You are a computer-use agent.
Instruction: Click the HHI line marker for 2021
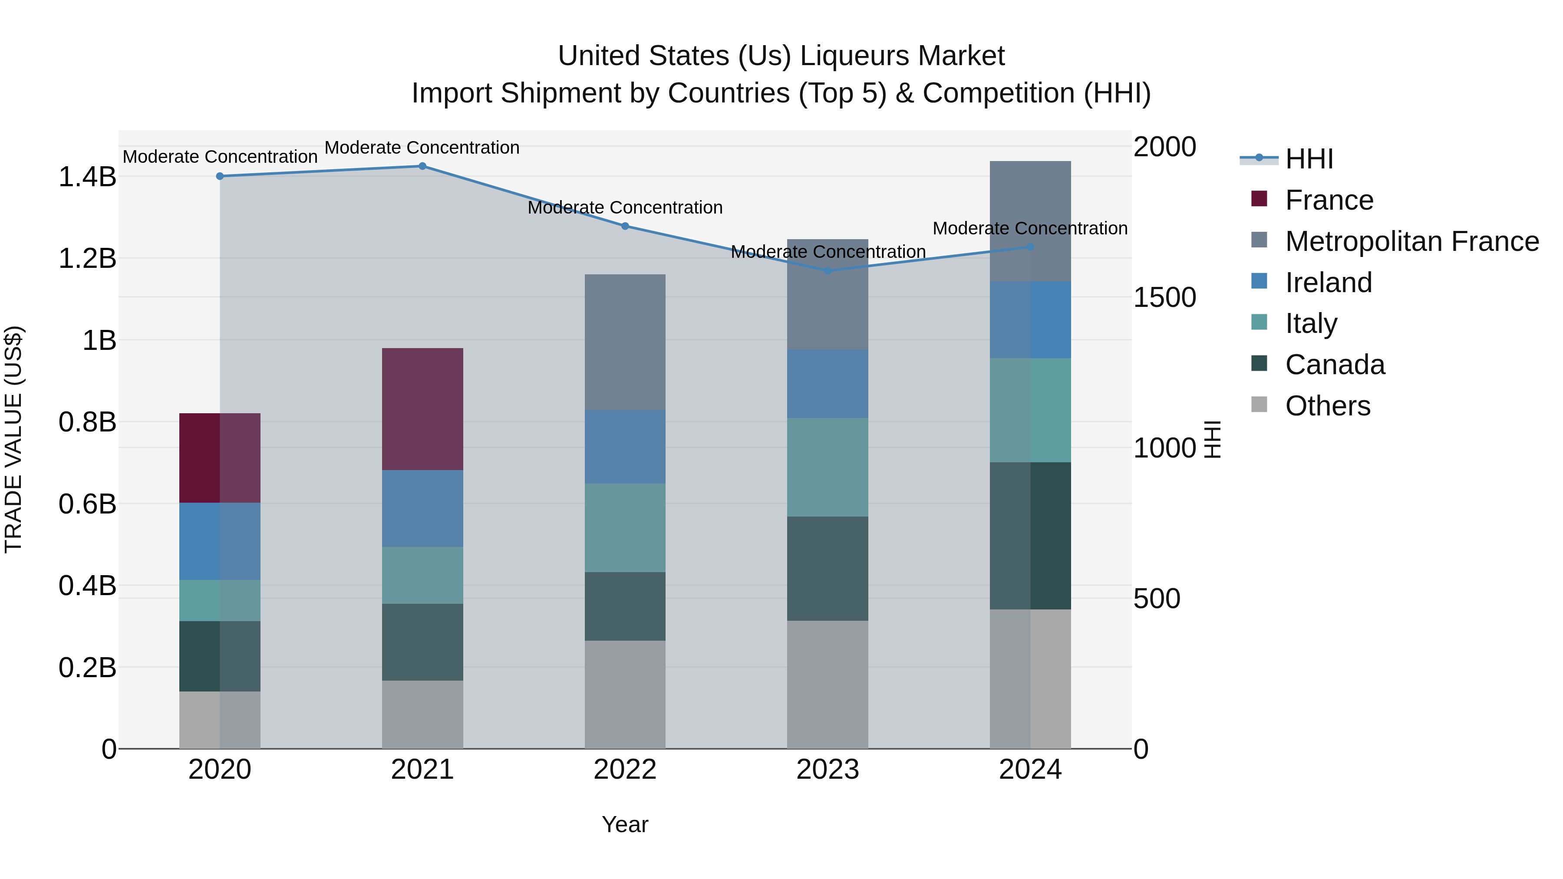pos(422,166)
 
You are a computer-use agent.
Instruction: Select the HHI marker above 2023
pos(828,270)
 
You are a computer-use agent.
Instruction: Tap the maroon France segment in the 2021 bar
pos(422,409)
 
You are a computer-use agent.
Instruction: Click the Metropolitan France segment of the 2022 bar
pos(625,342)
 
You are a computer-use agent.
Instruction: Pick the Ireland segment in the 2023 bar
pos(828,383)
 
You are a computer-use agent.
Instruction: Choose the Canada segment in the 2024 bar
pos(1030,536)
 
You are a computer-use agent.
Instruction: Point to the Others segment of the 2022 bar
pos(625,694)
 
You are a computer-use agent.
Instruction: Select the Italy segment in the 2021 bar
pos(422,575)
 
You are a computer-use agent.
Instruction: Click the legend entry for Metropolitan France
pos(1411,241)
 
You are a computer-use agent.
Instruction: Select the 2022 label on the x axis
pos(625,770)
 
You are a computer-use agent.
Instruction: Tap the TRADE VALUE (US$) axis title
pos(14,439)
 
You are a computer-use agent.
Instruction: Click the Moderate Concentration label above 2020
pos(220,157)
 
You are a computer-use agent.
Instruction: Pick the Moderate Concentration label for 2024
pos(1030,229)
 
